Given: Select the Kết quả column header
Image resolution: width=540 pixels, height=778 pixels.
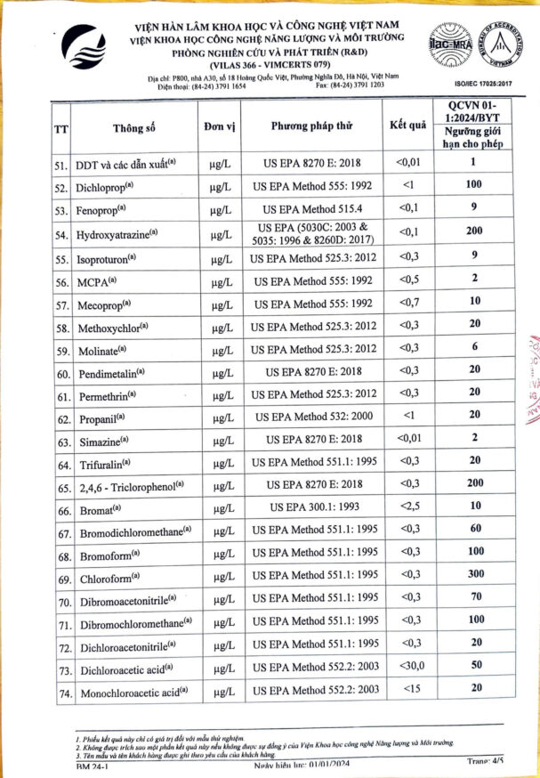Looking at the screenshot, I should [x=407, y=125].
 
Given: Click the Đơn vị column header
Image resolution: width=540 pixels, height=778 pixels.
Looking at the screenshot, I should [x=219, y=126].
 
